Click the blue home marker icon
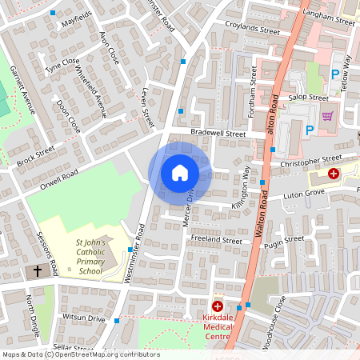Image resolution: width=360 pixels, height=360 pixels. (180, 172)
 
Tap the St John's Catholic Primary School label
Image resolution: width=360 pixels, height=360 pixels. (84, 256)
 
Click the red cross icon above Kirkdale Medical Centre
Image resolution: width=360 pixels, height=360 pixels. (217, 306)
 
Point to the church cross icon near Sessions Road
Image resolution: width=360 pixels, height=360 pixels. (37, 272)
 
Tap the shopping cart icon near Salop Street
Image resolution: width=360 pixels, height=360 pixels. (326, 115)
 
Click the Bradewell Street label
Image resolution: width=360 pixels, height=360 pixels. (218, 134)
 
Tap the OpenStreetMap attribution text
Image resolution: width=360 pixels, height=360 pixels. (80, 354)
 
